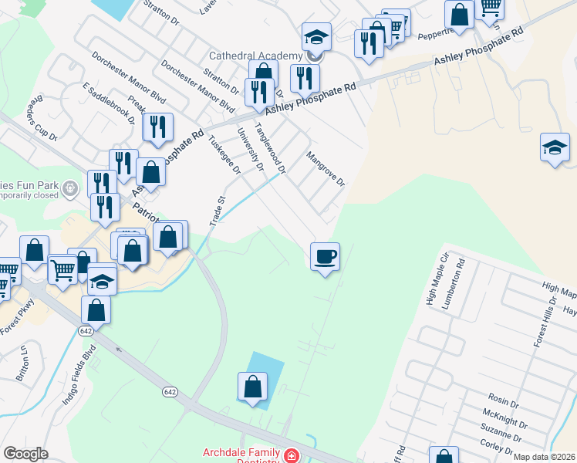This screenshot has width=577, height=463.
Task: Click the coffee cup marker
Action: (x=325, y=255)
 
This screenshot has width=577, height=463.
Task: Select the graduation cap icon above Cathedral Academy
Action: (x=315, y=36)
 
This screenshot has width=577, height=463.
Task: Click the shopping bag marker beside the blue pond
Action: (x=252, y=387)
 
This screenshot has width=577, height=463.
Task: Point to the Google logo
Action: (x=25, y=454)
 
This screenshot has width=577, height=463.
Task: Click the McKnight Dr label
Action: (x=508, y=424)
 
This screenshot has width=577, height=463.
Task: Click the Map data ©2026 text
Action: (x=544, y=457)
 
